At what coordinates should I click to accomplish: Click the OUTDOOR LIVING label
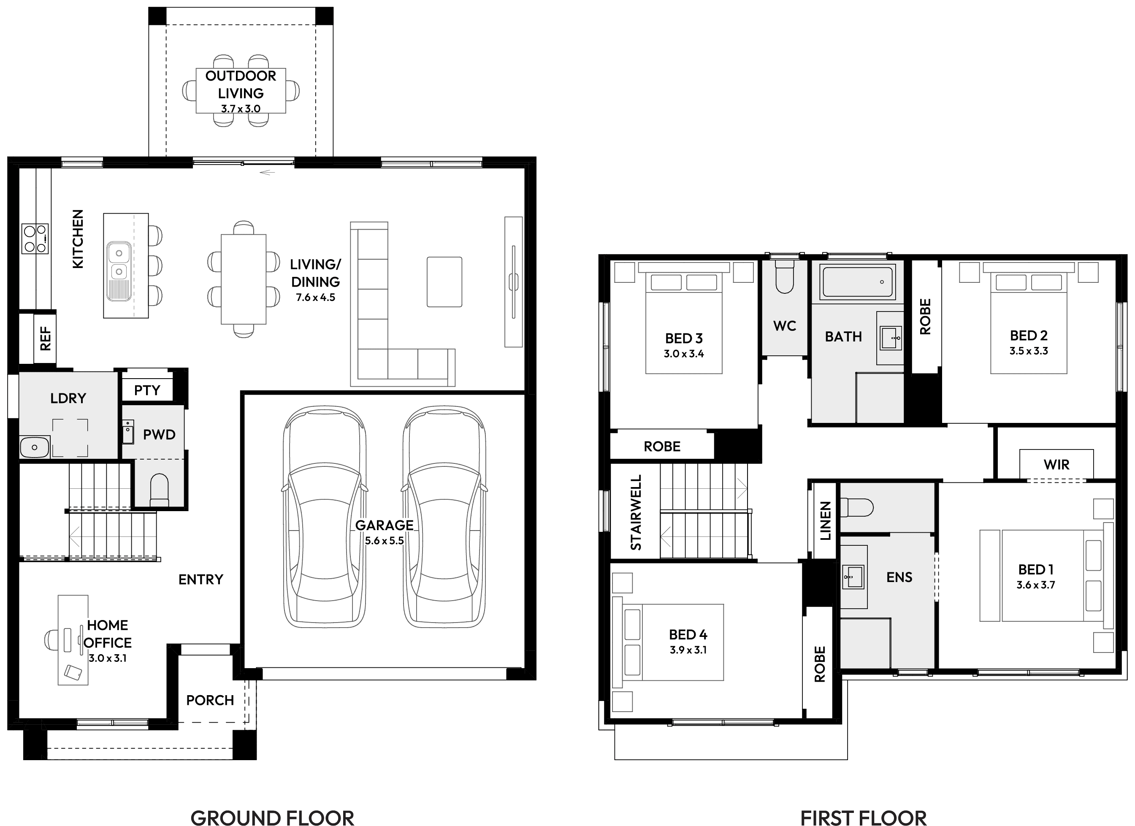(241, 84)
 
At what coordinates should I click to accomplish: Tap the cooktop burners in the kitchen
(35, 238)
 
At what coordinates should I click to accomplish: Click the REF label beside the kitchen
(46, 338)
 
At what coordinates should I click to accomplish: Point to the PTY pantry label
(147, 390)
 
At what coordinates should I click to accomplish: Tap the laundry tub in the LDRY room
(34, 447)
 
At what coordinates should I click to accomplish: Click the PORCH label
(210, 700)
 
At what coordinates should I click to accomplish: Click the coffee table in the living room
(444, 282)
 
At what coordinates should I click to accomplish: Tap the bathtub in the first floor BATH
(858, 282)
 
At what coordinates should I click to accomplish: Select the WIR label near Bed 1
(1056, 465)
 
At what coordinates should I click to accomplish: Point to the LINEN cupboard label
(825, 521)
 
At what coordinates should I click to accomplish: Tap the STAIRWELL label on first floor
(636, 512)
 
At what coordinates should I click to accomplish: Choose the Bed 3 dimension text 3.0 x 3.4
(684, 354)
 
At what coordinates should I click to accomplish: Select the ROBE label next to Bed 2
(925, 317)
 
